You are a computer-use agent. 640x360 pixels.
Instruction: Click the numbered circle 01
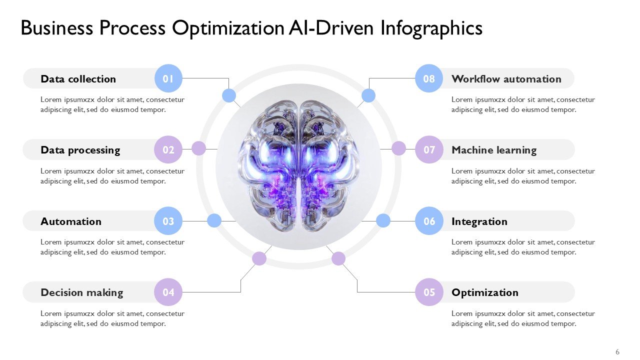point(168,78)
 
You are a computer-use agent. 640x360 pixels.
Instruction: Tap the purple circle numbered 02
point(168,149)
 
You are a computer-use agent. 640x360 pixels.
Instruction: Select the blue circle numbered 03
point(168,221)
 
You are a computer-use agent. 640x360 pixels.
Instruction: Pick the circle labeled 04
point(168,292)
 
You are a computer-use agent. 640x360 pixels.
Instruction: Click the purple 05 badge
point(429,292)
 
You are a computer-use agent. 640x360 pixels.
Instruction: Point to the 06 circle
point(429,221)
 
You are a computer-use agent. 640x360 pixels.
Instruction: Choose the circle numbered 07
point(429,149)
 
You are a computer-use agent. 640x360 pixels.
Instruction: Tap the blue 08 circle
point(429,78)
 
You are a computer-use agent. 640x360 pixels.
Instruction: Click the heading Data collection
point(78,79)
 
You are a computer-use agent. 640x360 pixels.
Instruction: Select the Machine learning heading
point(493,150)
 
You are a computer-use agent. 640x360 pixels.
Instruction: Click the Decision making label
point(81,292)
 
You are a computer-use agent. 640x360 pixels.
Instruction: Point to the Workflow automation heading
point(506,79)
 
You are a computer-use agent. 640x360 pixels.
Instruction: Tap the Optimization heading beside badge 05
point(484,292)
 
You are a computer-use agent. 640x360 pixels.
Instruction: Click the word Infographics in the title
point(431,28)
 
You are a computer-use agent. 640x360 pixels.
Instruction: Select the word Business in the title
point(56,28)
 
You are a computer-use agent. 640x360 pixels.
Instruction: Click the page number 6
point(617,352)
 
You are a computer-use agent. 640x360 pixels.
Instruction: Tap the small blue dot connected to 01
point(229,95)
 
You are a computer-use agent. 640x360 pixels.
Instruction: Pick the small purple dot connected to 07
point(398,148)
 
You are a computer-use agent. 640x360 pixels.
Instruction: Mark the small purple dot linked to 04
point(259,258)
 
